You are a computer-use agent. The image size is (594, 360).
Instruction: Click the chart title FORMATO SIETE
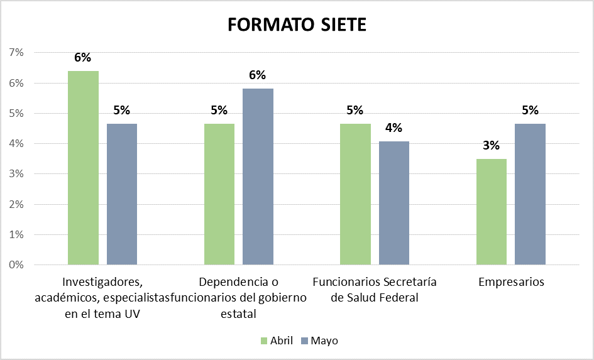(297, 25)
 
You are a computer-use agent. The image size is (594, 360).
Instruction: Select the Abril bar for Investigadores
(84, 168)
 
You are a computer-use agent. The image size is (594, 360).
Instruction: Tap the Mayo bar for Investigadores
(122, 194)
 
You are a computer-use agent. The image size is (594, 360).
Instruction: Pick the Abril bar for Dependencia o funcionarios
(219, 194)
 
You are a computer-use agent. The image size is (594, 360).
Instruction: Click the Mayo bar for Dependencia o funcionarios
(258, 177)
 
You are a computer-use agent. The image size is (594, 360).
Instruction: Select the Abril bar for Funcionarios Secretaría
(355, 194)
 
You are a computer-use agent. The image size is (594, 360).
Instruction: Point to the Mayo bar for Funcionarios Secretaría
(394, 203)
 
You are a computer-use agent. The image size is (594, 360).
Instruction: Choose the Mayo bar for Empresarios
(530, 194)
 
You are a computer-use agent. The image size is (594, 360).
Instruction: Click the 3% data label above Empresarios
(491, 146)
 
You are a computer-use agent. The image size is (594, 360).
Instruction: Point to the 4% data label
(394, 128)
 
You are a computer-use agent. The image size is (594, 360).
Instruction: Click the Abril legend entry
(277, 341)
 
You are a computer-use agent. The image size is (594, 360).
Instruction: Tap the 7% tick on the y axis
(16, 53)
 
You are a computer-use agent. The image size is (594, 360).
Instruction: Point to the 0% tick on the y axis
(16, 265)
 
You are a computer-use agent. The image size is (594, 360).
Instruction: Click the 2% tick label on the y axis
(16, 204)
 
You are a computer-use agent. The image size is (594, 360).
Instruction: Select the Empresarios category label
(511, 282)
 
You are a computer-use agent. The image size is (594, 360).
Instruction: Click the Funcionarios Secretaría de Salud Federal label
(375, 290)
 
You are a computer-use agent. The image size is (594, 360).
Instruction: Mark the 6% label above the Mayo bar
(258, 75)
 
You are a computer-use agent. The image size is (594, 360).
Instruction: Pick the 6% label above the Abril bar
(83, 58)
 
